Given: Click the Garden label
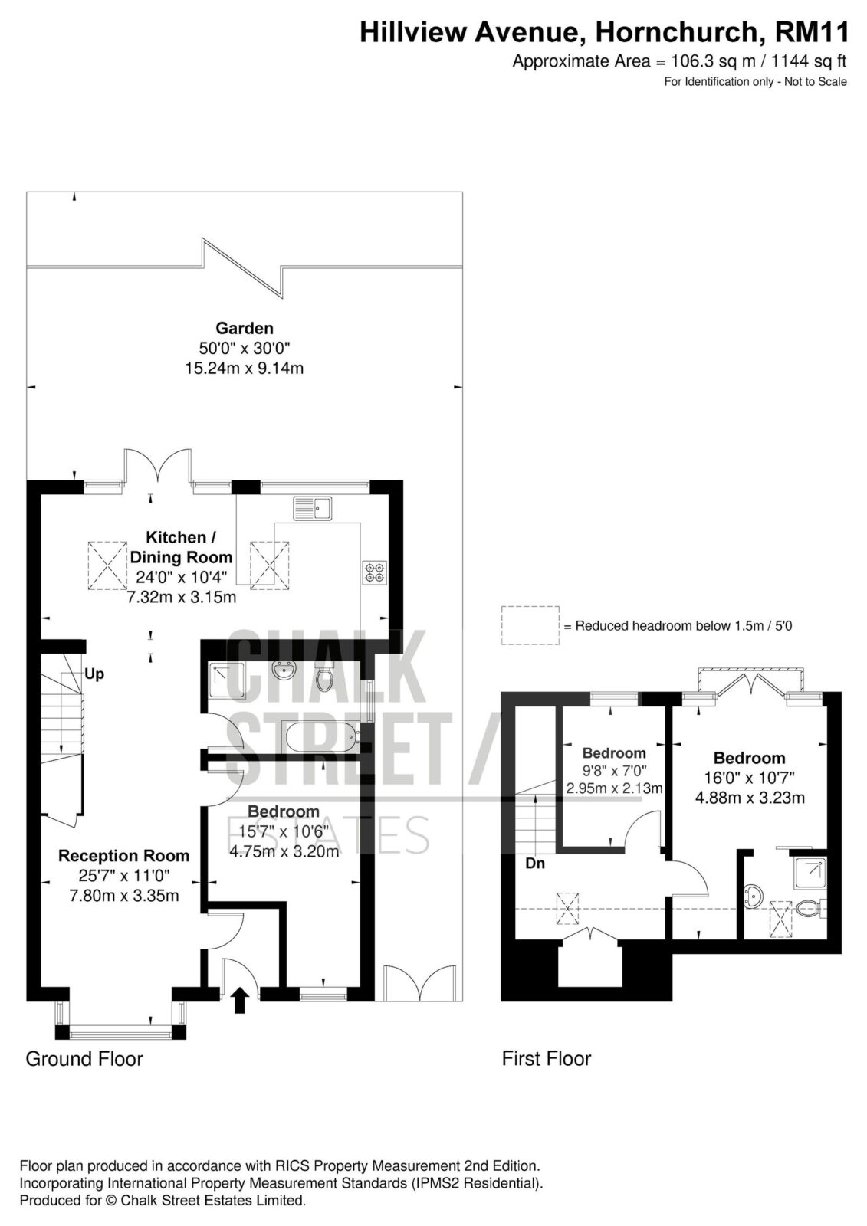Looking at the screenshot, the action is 245,329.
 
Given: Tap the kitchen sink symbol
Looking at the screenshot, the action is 313,508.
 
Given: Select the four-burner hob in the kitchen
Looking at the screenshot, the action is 375,572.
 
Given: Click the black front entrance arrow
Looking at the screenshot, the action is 239,1000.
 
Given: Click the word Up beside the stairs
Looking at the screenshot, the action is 94,674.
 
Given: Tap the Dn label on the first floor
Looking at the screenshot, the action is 535,863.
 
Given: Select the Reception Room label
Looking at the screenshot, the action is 123,855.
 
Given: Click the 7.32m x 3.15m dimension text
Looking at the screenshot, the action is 181,597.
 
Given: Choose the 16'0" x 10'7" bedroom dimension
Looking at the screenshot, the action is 749,777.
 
